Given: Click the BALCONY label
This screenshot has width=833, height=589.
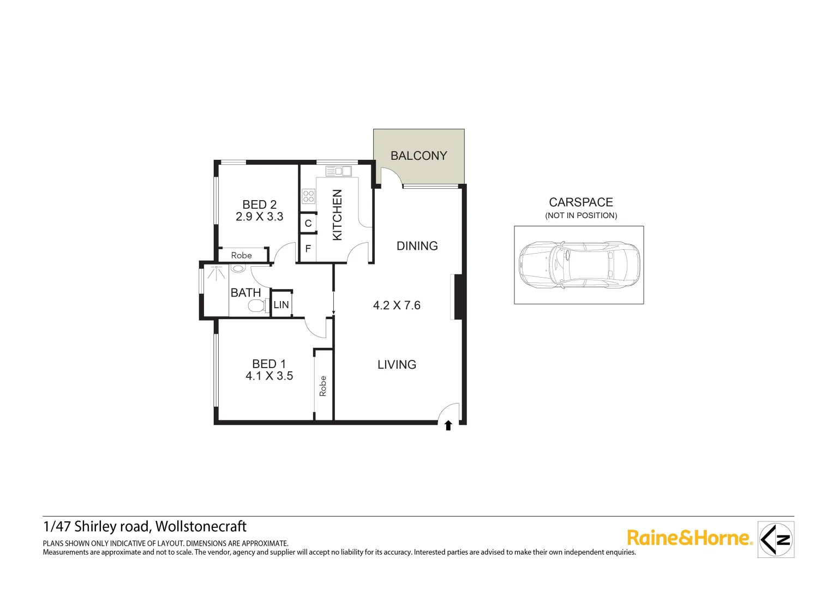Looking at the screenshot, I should coord(418,156).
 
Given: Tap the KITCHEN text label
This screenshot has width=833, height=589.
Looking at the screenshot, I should coord(337,215).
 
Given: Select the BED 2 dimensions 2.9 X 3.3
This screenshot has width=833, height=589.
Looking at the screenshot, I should coord(259,217).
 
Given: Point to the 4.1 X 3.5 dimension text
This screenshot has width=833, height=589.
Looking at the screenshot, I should coord(269,376).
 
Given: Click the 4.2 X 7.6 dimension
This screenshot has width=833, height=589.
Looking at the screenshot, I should coord(397,305).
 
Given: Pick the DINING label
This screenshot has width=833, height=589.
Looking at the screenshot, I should coord(417,246).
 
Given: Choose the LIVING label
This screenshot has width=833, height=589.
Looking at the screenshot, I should coord(397,364).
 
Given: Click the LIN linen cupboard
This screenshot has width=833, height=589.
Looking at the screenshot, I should coord(281,304).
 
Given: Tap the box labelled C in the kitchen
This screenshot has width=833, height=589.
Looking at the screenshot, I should coord(308,223).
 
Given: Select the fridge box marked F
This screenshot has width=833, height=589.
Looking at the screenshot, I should coord(308,249).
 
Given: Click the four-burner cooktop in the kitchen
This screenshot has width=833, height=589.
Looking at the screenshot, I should coord(308,196).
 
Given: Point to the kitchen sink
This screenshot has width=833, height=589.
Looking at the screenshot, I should coord(338,171).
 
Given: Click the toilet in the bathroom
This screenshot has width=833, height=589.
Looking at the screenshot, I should coord(255,306).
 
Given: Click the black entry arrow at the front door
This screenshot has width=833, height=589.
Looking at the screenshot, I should coord(448,425).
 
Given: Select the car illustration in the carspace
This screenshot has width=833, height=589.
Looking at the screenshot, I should coord(579,265).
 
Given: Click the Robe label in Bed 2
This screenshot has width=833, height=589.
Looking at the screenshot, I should coord(241,255).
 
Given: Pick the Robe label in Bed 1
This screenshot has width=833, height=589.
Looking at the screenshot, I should coord(323,386).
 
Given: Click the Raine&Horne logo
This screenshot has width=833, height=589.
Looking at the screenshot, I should coord(690,538).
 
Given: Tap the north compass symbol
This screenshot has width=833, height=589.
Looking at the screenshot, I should coord(776,539).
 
